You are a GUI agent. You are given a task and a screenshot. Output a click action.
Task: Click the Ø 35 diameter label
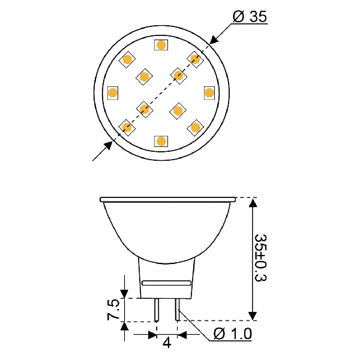[250, 17]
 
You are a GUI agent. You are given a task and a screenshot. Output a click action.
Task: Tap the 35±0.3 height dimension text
[261, 257]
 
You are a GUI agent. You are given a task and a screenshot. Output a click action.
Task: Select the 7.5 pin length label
[113, 310]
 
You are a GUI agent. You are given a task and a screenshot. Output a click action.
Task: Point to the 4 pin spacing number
[167, 343]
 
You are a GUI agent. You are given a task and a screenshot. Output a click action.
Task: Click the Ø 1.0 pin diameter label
[233, 334]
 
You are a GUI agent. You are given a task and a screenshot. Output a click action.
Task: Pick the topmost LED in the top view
[161, 45]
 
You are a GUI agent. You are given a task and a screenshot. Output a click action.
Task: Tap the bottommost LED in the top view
[161, 141]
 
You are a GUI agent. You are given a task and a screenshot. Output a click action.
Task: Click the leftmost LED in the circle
[113, 93]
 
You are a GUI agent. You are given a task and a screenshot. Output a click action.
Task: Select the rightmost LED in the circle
[209, 93]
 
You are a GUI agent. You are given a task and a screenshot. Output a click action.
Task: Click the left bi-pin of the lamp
[157, 310]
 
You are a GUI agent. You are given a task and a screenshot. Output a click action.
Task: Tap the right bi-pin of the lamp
[177, 310]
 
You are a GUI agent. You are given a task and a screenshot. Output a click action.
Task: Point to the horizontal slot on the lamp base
[166, 283]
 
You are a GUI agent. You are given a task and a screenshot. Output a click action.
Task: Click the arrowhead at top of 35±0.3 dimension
[253, 203]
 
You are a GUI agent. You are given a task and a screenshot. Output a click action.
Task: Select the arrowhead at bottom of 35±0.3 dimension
[253, 316]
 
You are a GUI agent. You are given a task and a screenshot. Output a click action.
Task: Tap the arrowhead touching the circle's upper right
[214, 40]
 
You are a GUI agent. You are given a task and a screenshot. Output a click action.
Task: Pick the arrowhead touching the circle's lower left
[108, 146]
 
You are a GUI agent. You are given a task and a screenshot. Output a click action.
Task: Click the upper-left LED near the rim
[127, 59]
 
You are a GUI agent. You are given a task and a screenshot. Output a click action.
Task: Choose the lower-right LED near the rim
[196, 128]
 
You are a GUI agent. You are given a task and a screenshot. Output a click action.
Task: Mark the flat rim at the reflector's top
[168, 200]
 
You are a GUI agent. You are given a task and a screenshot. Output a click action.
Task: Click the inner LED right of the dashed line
[178, 111]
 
